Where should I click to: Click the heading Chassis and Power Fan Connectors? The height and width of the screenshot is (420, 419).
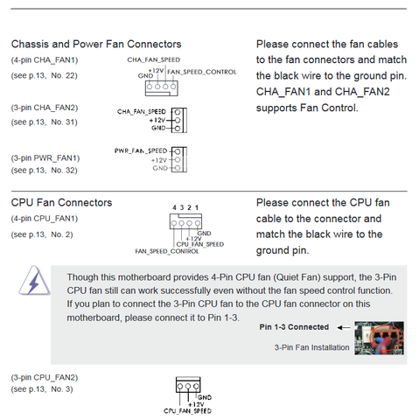click(x=96, y=45)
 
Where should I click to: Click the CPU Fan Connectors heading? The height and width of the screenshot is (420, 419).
click(x=61, y=203)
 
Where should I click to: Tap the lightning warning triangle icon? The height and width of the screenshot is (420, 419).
click(x=34, y=281)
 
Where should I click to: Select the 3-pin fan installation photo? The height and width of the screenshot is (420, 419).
click(x=379, y=338)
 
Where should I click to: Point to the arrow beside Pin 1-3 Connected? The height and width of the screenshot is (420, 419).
click(x=344, y=327)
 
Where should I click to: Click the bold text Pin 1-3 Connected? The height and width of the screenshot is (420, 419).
click(x=294, y=327)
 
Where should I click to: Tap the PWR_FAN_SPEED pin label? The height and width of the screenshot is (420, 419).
click(x=141, y=150)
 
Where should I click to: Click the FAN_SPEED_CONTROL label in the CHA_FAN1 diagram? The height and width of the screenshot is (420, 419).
click(x=202, y=72)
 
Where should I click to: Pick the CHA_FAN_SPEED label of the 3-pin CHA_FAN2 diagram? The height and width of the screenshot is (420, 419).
click(x=142, y=112)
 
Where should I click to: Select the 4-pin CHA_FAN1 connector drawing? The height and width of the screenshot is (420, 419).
click(x=162, y=88)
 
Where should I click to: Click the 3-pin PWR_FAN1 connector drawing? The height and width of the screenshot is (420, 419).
click(x=179, y=159)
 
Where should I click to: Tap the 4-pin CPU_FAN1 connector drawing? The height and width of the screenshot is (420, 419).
click(x=185, y=221)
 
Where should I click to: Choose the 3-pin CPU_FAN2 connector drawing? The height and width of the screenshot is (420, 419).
click(x=188, y=385)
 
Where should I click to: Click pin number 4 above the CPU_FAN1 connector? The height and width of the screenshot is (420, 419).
click(x=174, y=207)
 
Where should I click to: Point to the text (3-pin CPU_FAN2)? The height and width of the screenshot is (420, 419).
click(x=45, y=378)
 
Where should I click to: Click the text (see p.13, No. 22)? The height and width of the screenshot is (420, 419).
click(x=45, y=76)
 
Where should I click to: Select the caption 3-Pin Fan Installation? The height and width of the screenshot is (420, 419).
click(x=311, y=347)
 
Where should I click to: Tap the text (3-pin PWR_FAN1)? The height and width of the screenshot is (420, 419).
click(x=45, y=158)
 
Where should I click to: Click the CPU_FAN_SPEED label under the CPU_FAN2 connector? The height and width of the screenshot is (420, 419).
click(x=187, y=411)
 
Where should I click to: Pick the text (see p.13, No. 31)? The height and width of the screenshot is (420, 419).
click(x=45, y=122)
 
